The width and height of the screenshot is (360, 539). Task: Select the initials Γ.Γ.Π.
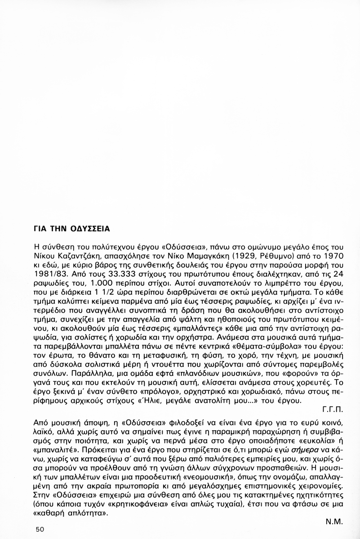(333, 410)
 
